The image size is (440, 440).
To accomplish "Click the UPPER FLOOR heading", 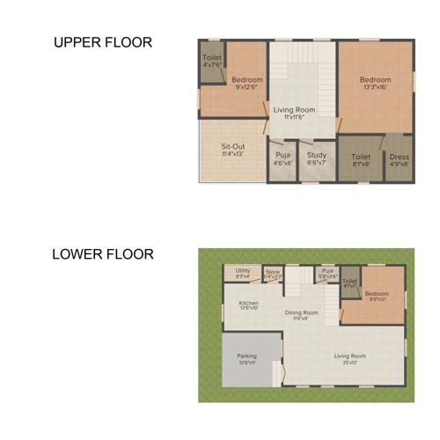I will [103, 42].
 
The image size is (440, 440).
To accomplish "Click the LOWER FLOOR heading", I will [103, 254].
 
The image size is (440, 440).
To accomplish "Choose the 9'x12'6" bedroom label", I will [247, 83].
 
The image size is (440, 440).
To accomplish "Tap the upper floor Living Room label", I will [294, 113].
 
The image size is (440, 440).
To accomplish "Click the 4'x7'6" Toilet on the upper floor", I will [212, 62].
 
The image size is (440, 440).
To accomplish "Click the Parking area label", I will [247, 358].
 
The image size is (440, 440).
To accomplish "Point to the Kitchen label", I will [249, 305].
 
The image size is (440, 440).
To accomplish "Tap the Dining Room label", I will [301, 314].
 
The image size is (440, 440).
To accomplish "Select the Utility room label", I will [243, 274].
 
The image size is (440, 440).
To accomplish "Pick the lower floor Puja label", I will [327, 273].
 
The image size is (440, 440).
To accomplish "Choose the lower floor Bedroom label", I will [377, 295].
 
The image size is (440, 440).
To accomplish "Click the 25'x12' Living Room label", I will [349, 358].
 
